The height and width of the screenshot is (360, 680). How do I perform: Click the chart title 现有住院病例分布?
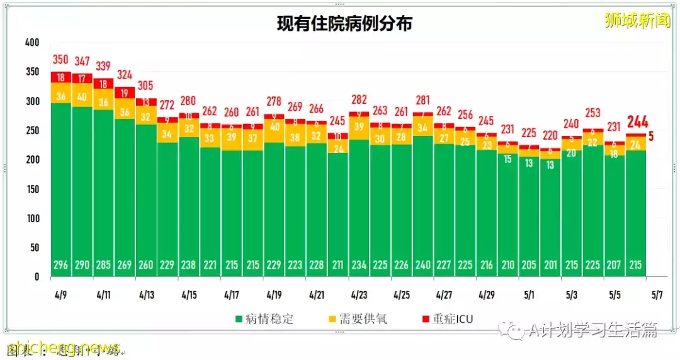[x=344, y=24]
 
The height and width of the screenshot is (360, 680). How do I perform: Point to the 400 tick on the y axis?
[x=31, y=43]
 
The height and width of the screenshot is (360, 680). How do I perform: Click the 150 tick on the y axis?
[x=31, y=189]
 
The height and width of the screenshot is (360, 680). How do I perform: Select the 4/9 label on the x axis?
[x=61, y=295]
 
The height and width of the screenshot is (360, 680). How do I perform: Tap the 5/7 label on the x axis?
[x=656, y=295]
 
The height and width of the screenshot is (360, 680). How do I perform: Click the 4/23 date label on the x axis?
[x=359, y=295]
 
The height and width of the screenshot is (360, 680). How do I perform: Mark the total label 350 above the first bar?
[x=61, y=60]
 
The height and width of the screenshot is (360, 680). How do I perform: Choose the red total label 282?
[x=359, y=100]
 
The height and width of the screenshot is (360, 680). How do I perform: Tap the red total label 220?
[x=550, y=135]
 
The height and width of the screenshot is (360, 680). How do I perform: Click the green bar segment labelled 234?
[x=359, y=208]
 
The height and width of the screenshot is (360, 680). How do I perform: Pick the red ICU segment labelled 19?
[x=125, y=93]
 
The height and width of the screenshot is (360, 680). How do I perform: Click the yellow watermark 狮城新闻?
[x=637, y=20]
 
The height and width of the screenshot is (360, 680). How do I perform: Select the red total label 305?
[x=146, y=86]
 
